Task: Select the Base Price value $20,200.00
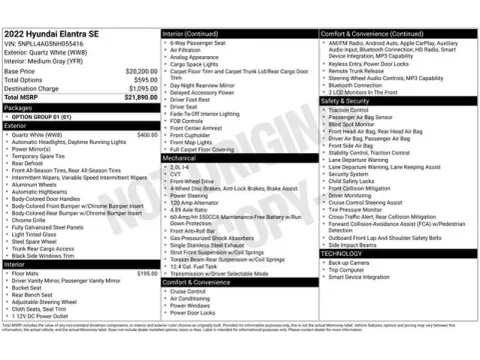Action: pos(140,72)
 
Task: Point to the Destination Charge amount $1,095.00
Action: pos(142,88)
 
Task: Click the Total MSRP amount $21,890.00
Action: pos(140,97)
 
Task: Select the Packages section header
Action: pos(19,107)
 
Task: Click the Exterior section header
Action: pos(17,126)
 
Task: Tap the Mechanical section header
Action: pos(181,158)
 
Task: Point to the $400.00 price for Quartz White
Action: pos(147,134)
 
